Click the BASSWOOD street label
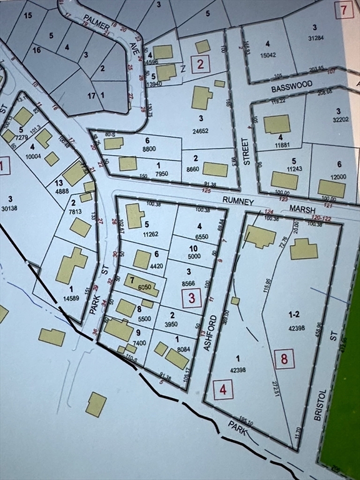(x=291, y=89)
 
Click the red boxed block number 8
(x=284, y=359)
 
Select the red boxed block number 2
(x=199, y=63)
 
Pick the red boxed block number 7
(x=343, y=10)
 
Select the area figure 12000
(x=338, y=176)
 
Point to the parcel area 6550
(x=200, y=237)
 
